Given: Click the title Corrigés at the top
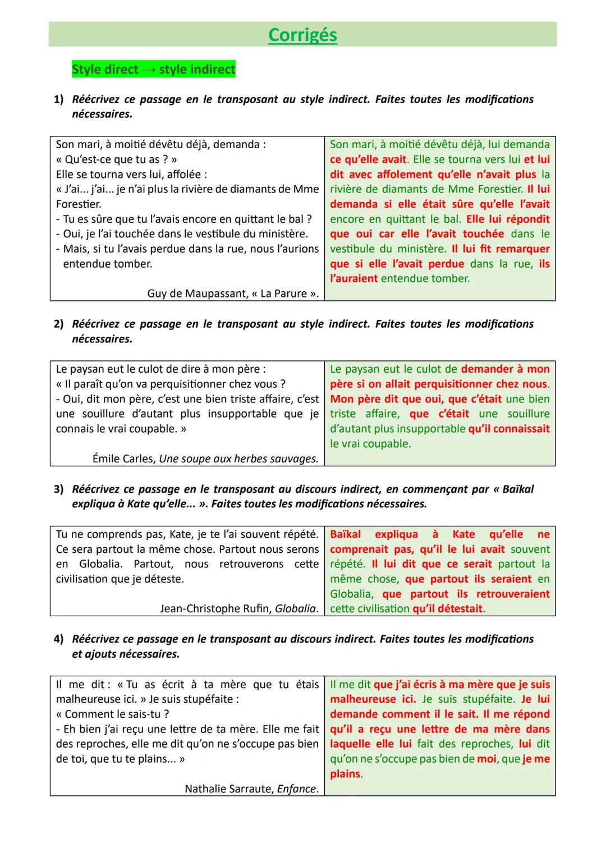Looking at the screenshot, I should tap(302, 35).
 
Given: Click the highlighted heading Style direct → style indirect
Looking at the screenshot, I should tap(153, 70).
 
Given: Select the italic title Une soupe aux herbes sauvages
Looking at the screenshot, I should tap(238, 459).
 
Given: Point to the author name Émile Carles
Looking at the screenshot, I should tap(123, 459).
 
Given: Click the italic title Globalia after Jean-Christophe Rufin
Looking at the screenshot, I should tap(296, 609).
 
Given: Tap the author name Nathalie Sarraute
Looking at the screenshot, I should tap(229, 789).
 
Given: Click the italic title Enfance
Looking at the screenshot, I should tap(297, 789).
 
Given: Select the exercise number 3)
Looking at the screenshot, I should tap(59, 489).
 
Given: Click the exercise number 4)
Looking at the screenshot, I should tap(59, 639).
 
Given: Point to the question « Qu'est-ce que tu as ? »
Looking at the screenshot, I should tap(117, 159).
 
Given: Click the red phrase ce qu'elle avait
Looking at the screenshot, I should tap(368, 159).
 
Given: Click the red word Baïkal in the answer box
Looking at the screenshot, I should tap(345, 534).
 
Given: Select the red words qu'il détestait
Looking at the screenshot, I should tap(447, 609).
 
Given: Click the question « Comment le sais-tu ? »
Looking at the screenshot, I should tap(112, 714).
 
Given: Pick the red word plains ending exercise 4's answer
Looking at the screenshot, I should tap(345, 774).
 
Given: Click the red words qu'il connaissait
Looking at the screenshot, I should tap(508, 429).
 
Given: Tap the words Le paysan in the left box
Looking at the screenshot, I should tap(79, 369).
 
